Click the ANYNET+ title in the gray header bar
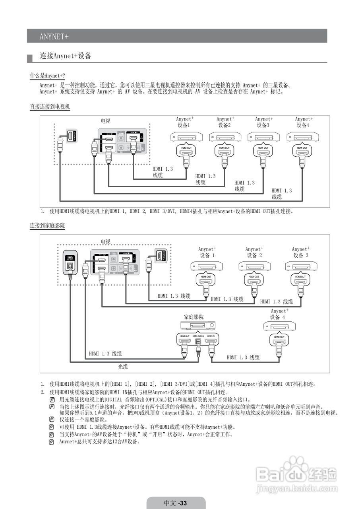pyautogui.click(x=54, y=36)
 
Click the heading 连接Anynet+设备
pyautogui.click(x=66, y=56)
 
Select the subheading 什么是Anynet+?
pyautogui.click(x=47, y=76)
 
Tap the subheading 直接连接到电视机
pyautogui.click(x=50, y=107)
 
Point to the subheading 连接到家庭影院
pyautogui.click(x=47, y=225)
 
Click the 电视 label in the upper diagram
pyautogui.click(x=105, y=121)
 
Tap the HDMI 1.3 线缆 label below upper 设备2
pyautogui.click(x=205, y=179)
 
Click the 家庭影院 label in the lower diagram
pyautogui.click(x=194, y=317)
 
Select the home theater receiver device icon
pyautogui.click(x=198, y=325)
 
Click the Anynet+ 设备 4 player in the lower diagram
pyautogui.click(x=279, y=326)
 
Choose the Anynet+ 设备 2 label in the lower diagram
pyautogui.click(x=254, y=252)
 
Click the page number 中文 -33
pyautogui.click(x=176, y=503)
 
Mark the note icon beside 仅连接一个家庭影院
pyautogui.click(x=52, y=420)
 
